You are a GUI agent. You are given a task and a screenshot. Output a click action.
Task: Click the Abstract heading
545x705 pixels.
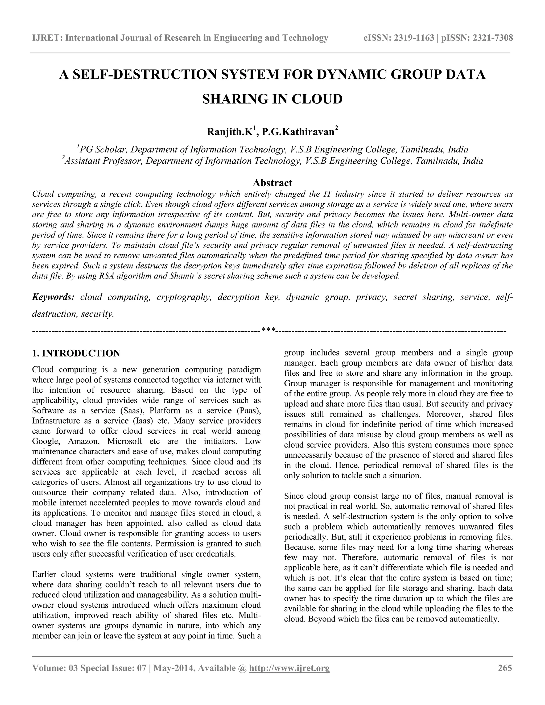[272, 183]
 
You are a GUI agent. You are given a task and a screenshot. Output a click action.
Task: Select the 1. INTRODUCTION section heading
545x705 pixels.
[76, 353]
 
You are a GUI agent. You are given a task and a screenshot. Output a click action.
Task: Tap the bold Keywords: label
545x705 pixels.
[53, 297]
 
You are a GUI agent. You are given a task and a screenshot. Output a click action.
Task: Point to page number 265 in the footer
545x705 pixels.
[505, 668]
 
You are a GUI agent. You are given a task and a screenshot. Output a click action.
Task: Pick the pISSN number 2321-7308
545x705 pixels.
[493, 38]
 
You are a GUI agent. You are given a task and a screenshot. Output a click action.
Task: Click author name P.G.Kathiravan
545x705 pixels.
[298, 132]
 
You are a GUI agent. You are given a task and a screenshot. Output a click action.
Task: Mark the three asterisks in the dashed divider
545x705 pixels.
[268, 330]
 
